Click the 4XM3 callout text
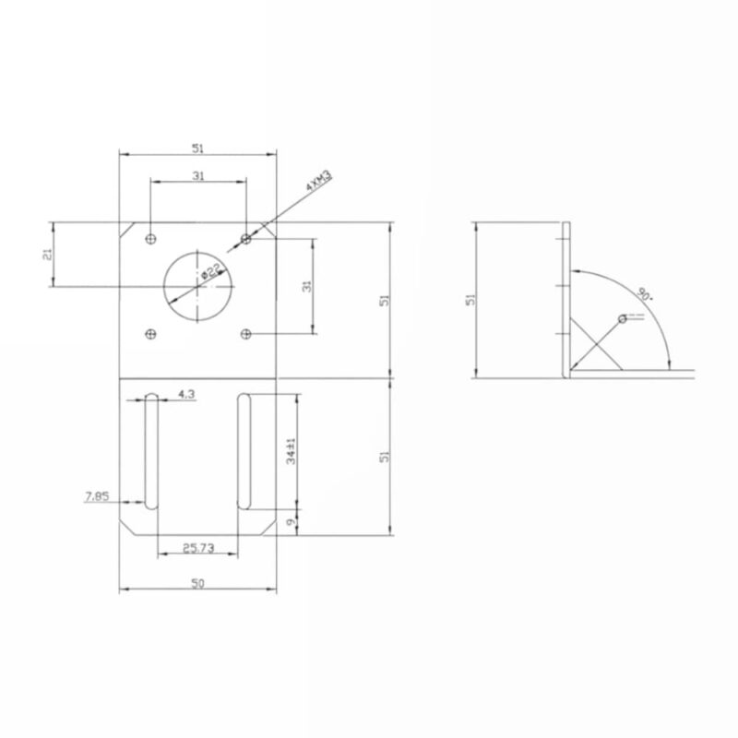tap(319, 180)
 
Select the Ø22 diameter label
tap(210, 271)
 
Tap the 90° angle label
tap(645, 294)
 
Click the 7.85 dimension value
tap(97, 496)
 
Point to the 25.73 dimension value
tap(198, 548)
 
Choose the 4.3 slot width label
tap(186, 394)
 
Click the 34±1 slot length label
tap(291, 451)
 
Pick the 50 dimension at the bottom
tap(197, 583)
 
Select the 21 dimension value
tap(47, 255)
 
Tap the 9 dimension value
tap(291, 522)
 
